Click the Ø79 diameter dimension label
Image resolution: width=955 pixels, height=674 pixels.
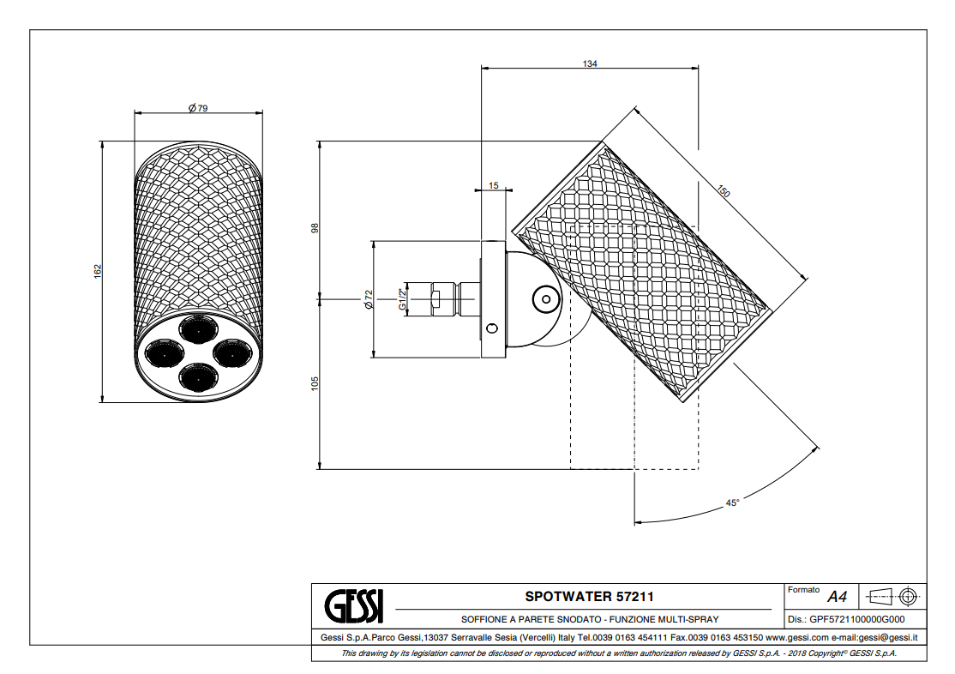point(198,108)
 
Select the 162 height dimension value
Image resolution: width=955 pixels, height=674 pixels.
point(98,270)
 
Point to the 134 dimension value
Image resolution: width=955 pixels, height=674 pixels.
point(589,63)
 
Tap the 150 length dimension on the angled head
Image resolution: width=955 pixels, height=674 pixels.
point(723,193)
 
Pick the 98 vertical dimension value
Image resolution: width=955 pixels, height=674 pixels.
point(315,228)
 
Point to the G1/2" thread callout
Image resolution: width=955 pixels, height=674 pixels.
point(401,299)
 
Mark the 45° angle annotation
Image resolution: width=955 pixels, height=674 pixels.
point(731,503)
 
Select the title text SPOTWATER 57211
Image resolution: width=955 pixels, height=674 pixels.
point(582,596)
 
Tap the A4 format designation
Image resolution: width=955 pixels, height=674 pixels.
point(837,597)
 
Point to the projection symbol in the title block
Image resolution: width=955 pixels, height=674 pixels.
point(892,595)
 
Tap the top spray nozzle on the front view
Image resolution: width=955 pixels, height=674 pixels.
point(197,327)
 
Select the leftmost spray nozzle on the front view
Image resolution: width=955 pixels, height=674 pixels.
point(162,352)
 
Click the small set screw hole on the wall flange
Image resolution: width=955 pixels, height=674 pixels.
point(492,328)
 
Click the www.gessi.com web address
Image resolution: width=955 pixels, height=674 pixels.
point(796,637)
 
